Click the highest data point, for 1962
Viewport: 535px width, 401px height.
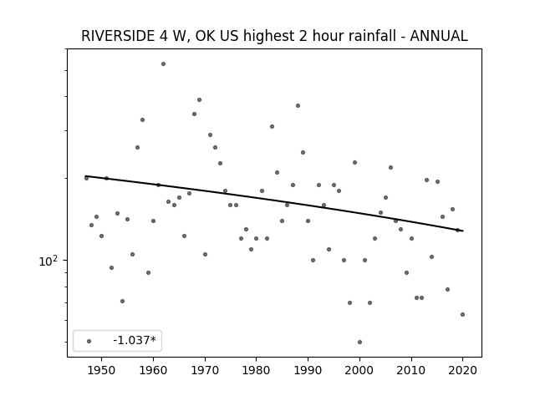164,64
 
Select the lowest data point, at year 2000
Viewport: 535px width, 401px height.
360,342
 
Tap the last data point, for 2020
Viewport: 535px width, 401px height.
462,315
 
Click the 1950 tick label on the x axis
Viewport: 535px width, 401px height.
101,370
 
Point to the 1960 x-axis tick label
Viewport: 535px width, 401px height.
153,370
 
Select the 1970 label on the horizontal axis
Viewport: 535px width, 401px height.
205,370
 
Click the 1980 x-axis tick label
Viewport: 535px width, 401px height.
257,370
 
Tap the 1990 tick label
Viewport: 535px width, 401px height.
308,370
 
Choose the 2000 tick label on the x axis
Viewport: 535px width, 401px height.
359,370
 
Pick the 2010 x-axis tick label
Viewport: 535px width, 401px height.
411,370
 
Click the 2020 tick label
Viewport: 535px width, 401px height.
463,370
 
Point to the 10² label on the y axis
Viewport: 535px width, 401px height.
48,261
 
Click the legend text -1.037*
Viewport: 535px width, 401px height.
135,340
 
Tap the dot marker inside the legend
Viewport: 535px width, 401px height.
89,341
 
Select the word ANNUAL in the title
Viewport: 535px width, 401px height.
438,36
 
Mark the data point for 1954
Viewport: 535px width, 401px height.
123,301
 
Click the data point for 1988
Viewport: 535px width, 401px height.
298,106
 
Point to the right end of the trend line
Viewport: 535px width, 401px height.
462,231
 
